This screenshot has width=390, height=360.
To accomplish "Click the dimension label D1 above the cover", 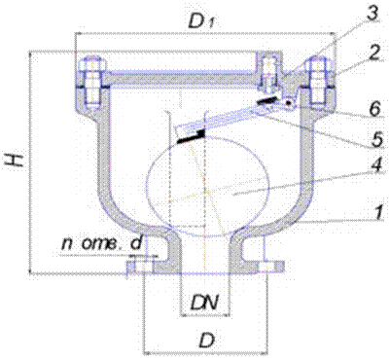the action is [202, 21].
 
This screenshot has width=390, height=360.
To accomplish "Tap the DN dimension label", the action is [204, 304].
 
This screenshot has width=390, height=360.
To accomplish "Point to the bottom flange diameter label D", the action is [206, 341].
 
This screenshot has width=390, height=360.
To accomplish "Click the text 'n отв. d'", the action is [101, 244].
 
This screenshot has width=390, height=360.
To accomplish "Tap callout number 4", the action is [376, 166].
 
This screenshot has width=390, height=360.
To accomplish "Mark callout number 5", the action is [376, 138].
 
